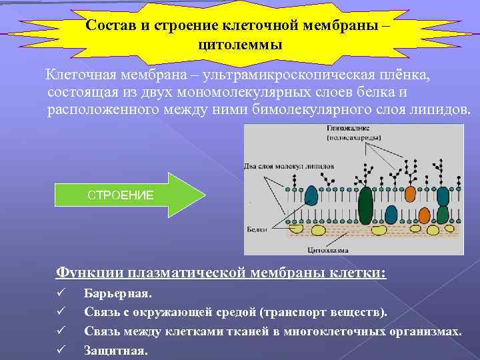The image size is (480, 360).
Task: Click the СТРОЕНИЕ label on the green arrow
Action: [121, 195]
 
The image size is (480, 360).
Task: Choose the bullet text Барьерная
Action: [118, 293]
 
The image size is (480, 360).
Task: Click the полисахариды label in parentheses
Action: [354, 137]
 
